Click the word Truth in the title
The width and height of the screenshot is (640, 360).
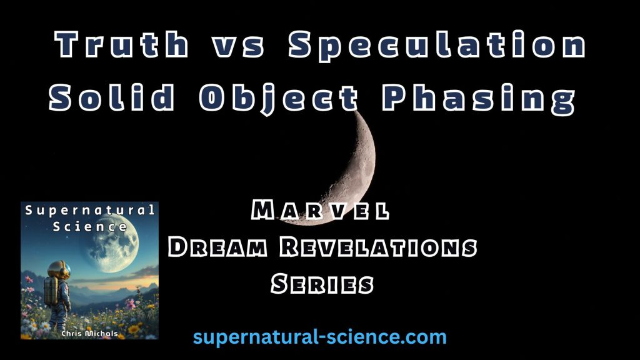pos(122,44)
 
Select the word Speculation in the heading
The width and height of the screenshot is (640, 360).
pos(437,46)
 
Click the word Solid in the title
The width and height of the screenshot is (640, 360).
pos(112,97)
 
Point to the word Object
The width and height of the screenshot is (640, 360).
pos(278,98)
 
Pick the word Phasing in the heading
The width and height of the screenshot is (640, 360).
pos(478,98)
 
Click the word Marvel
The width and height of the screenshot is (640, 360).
pos(320,211)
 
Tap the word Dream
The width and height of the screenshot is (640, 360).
pos(217,247)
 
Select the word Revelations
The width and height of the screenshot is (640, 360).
pos(378,247)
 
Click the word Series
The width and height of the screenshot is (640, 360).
pos(322,284)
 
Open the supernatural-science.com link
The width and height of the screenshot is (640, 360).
pos(319,337)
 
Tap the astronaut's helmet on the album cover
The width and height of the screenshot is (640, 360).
pos(59,271)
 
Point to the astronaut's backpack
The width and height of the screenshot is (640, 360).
pos(51,291)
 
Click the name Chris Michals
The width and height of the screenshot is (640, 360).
pos(89,334)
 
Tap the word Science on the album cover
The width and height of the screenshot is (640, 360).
pos(90,226)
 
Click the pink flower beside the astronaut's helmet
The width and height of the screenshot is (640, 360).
pos(29,279)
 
